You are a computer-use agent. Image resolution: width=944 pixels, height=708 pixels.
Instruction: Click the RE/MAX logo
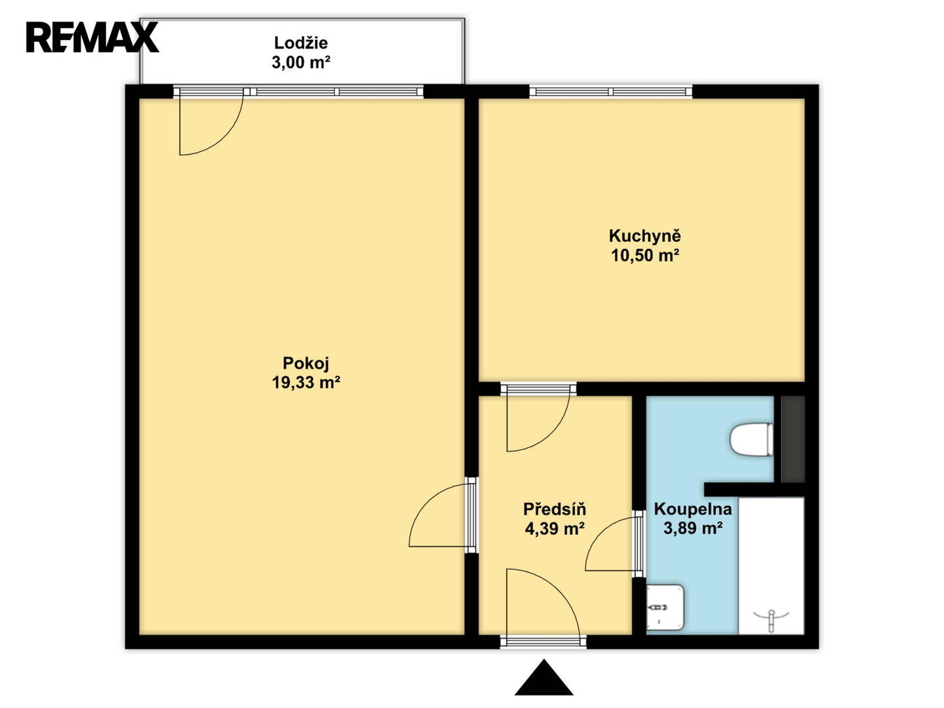92,37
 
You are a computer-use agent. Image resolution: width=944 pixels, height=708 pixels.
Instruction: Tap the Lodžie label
301,43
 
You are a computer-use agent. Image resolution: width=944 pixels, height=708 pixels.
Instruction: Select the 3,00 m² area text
301,62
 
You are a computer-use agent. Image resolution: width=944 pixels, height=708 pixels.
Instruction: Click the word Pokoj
305,364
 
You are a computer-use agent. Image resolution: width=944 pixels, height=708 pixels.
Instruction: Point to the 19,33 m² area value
305,383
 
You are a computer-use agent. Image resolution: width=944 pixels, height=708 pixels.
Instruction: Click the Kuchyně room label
644,236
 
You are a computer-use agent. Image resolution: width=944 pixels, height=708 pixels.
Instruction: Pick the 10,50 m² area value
644,256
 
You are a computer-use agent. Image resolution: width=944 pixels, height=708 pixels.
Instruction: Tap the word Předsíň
555,509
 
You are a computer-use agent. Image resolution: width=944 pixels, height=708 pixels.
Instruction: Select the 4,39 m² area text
555,528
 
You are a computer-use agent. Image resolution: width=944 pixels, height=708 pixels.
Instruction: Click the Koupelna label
692,509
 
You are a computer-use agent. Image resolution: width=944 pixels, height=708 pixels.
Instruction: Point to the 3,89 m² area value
692,528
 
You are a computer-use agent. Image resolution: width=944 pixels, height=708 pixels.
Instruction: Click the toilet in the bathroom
751,439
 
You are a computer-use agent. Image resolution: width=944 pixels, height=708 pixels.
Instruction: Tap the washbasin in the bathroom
665,607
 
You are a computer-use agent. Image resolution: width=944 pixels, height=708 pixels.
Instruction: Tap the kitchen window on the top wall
611,92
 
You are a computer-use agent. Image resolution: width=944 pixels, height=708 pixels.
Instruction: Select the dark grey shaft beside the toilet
793,439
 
